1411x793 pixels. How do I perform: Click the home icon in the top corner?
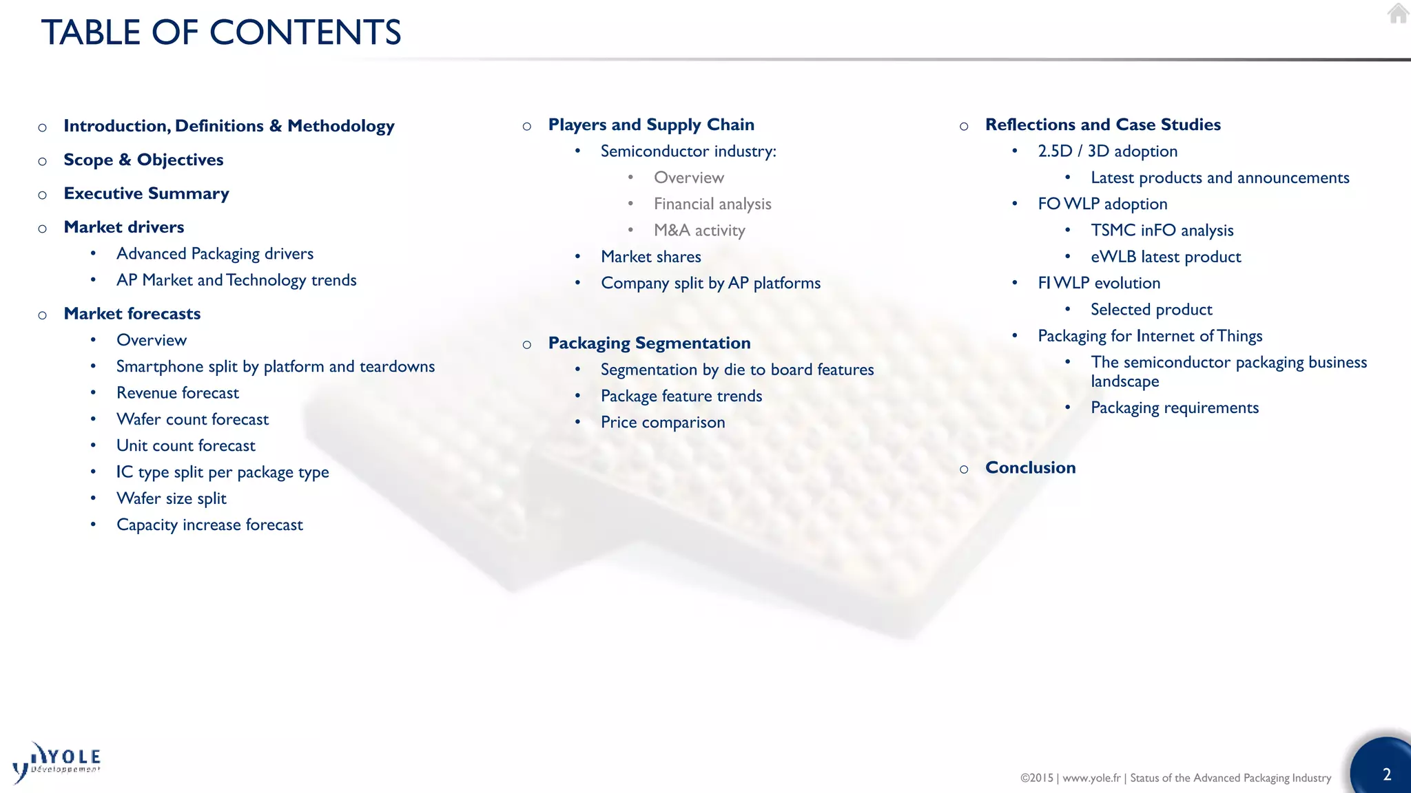click(1398, 13)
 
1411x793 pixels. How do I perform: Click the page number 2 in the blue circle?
click(1387, 774)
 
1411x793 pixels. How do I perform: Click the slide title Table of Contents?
click(221, 32)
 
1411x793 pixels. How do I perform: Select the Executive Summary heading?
click(146, 193)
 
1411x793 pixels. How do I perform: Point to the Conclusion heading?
click(1030, 468)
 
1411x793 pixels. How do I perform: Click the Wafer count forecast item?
click(192, 419)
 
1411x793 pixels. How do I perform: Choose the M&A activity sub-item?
click(699, 231)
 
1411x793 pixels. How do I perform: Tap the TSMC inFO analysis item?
click(1162, 231)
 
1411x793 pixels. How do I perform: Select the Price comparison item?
click(663, 423)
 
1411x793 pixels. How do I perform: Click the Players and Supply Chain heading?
click(651, 125)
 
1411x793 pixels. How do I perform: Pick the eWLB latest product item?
click(1166, 257)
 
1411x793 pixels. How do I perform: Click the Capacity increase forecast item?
click(209, 525)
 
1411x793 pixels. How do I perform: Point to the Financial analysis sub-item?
click(712, 204)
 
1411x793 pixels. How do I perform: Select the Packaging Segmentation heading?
click(649, 343)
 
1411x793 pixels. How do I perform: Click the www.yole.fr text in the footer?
click(1091, 779)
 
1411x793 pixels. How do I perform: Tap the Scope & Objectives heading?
click(143, 160)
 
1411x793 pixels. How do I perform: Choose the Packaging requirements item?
click(1175, 408)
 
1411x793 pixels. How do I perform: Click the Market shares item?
click(651, 257)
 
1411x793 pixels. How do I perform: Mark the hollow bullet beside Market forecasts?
click(43, 315)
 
